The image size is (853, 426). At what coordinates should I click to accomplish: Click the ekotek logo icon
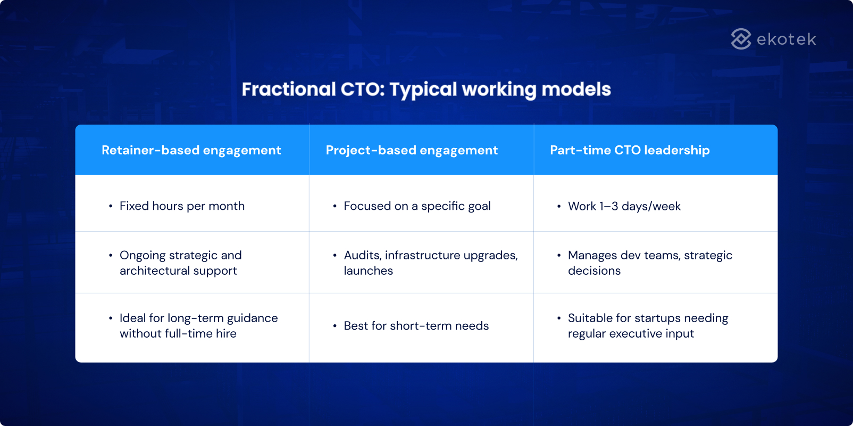coord(741,39)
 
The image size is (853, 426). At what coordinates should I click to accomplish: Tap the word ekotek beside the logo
coord(786,39)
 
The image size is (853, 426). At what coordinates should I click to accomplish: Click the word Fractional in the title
coord(289,89)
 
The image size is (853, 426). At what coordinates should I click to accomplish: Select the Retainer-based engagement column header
coord(191,150)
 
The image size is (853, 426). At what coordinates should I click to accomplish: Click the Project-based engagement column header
coord(412,150)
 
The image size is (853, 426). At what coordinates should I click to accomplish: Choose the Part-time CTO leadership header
coord(630,150)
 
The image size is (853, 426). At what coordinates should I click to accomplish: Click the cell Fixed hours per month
coord(182,206)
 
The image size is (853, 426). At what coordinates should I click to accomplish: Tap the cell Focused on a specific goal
coord(417,206)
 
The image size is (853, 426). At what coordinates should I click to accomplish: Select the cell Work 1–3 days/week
coord(624,206)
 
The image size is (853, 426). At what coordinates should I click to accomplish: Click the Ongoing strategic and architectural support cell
coord(180,263)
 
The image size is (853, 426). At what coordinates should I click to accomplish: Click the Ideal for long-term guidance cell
coord(198,325)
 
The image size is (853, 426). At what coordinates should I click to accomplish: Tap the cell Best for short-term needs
coord(416,326)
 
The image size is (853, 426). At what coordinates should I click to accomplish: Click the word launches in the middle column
coord(368,271)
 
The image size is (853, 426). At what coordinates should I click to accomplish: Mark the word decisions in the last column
coord(594,271)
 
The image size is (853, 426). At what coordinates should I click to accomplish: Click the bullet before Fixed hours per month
coord(111,206)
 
